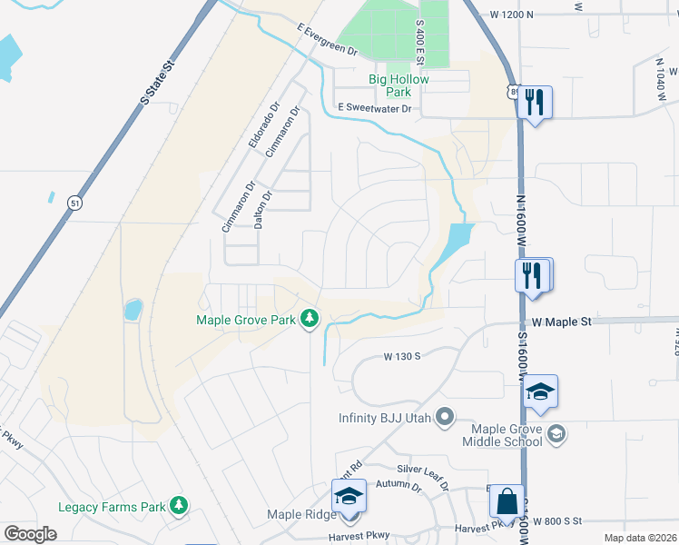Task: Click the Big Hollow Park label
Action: pos(399,85)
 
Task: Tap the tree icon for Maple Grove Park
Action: pos(310,318)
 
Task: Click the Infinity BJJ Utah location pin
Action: pos(444,418)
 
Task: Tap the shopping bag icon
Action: pos(506,500)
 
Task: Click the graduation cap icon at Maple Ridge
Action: pos(349,496)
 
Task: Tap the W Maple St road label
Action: pos(561,322)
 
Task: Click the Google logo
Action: pos(30,534)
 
